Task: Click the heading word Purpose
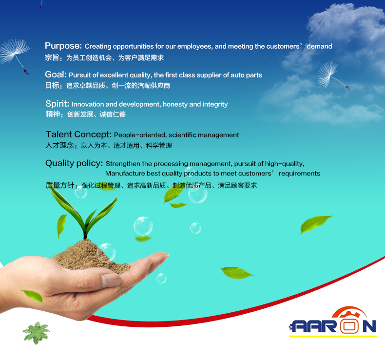[63, 46]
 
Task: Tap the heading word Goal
[56, 74]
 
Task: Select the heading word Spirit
[57, 104]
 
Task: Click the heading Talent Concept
[78, 134]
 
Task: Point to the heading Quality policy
[74, 163]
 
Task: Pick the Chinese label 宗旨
[52, 57]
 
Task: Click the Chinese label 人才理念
[59, 145]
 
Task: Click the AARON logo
[333, 322]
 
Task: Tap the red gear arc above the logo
[349, 311]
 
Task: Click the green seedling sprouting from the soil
[85, 213]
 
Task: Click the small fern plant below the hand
[37, 333]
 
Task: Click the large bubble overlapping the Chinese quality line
[198, 194]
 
